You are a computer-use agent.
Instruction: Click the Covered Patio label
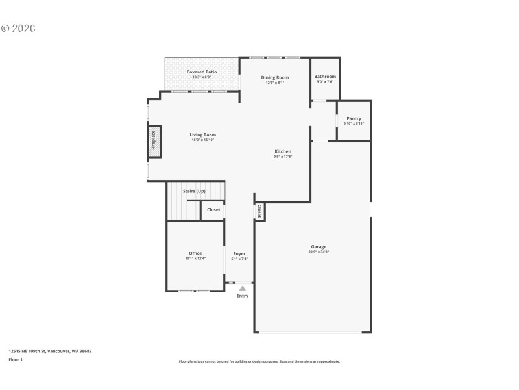tap(202, 71)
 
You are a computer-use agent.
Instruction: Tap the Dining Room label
tap(275, 77)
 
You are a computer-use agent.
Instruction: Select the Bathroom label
tap(325, 77)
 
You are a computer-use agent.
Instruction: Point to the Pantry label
tap(354, 118)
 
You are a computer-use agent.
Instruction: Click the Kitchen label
tap(283, 151)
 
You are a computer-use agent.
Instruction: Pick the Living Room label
tap(202, 135)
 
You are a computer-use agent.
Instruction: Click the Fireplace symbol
tap(154, 141)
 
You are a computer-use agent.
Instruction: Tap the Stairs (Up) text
tap(194, 192)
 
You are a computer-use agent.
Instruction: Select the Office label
tap(195, 253)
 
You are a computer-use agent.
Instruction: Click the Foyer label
tap(239, 253)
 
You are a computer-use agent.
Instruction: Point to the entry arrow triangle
tap(243, 288)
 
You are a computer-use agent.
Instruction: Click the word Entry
tap(243, 296)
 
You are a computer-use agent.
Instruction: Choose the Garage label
tap(319, 246)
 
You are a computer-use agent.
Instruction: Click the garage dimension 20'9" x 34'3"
tap(319, 252)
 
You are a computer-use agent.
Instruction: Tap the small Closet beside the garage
tap(259, 211)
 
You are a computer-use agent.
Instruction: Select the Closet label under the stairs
tap(213, 209)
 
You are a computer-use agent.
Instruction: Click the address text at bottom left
tap(50, 351)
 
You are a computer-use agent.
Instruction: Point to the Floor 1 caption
tap(16, 359)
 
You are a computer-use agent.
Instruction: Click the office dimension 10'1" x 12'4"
tap(195, 259)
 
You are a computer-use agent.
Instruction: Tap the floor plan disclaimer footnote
tap(259, 361)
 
